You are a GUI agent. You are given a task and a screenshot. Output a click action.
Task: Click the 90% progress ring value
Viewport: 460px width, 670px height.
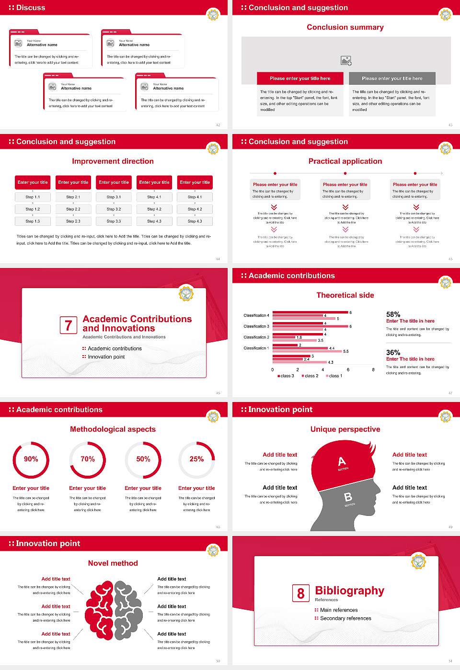point(31,459)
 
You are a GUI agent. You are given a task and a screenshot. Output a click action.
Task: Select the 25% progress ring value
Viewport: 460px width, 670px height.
point(196,459)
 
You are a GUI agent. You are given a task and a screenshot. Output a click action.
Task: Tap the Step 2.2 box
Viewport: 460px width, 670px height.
point(73,209)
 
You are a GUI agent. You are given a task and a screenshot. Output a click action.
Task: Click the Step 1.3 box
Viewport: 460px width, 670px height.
point(33,221)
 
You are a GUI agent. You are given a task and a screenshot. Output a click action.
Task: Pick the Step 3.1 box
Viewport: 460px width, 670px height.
point(114,197)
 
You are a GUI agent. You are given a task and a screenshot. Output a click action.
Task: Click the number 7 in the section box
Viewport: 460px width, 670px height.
point(68,325)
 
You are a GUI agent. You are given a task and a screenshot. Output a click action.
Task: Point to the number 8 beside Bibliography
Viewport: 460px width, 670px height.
point(300,593)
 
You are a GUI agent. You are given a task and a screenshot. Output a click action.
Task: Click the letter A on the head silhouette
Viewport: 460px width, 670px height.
point(342,461)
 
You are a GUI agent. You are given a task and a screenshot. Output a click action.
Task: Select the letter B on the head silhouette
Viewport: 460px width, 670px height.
point(348,497)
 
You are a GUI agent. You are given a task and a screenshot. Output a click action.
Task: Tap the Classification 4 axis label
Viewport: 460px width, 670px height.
point(256,315)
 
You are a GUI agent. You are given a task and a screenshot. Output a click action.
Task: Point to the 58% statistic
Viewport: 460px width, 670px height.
point(393,314)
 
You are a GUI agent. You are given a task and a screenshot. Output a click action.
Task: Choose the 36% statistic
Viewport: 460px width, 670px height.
point(393,352)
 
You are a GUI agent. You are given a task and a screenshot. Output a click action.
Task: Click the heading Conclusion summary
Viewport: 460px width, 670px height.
point(345,27)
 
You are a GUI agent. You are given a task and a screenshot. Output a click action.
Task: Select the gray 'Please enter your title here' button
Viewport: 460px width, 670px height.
point(392,78)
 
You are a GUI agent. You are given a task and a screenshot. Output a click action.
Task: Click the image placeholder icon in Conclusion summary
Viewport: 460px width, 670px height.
point(346,61)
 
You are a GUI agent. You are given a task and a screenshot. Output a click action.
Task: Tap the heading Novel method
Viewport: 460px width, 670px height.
point(113,563)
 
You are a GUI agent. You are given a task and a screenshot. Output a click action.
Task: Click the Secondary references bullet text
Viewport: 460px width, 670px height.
point(345,618)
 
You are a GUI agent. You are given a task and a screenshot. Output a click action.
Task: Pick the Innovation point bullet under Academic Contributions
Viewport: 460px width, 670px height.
point(106,357)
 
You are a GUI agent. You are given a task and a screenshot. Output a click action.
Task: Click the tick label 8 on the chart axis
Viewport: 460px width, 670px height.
point(373,369)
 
